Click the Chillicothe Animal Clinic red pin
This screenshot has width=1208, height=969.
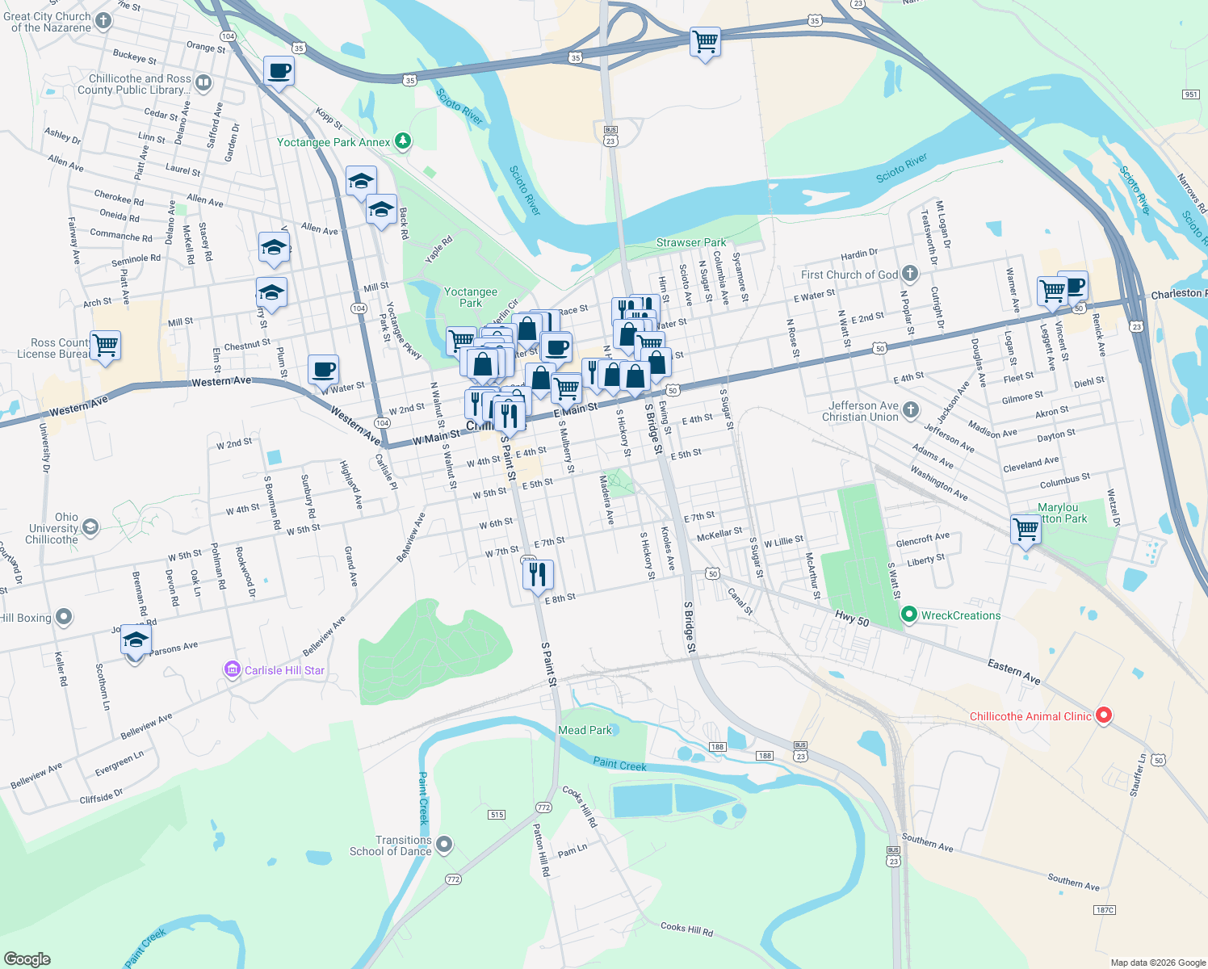coord(1104,715)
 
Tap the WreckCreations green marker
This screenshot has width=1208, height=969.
coord(909,615)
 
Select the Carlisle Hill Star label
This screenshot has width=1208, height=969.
coord(284,670)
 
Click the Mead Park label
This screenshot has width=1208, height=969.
coord(585,730)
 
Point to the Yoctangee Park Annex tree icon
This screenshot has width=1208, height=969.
coord(402,142)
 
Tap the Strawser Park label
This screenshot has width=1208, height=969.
coord(690,242)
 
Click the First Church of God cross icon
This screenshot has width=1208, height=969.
coord(910,274)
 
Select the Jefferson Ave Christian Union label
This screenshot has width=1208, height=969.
coord(860,412)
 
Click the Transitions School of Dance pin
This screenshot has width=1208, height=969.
coord(444,845)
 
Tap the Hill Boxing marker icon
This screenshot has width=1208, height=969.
coord(64,618)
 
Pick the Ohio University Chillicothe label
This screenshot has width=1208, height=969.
coord(53,528)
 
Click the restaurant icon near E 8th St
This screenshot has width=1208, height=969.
coord(538,574)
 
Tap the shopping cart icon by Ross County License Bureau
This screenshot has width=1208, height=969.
coord(106,345)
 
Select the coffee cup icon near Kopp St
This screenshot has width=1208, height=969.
coord(279,71)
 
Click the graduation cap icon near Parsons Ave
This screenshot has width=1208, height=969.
coord(136,640)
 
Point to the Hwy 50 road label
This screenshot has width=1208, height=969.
coord(852,619)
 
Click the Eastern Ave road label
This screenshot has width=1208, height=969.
coord(1014,672)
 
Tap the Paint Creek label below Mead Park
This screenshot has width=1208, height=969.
coord(619,764)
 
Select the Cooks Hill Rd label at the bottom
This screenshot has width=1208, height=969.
coord(686,929)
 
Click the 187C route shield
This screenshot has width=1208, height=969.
coord(1104,910)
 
